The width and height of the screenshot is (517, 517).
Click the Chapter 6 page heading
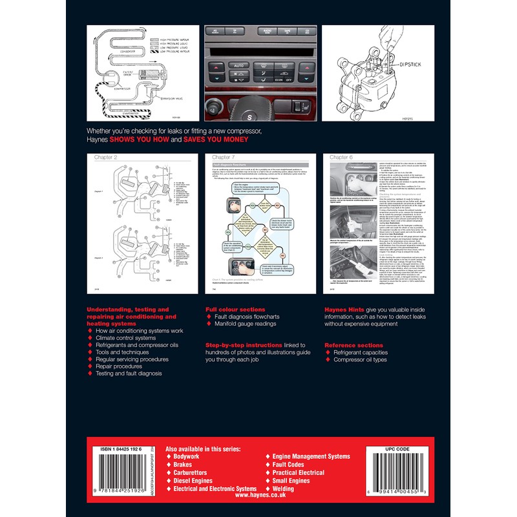point(343,157)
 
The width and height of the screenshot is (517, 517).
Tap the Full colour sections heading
point(234,310)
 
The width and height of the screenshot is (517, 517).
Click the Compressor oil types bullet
point(361,360)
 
